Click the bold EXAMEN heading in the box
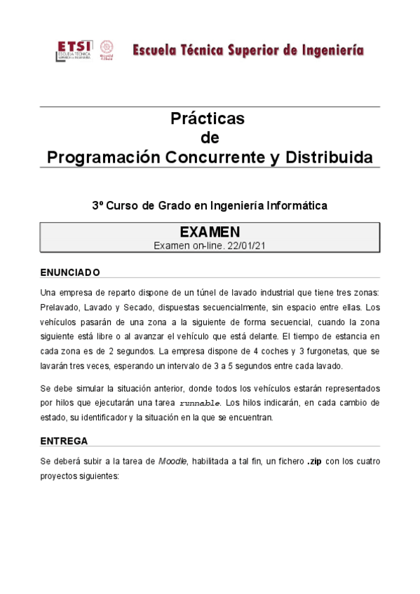point(210,232)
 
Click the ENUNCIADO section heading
point(70,272)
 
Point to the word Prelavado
point(64,307)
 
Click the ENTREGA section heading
point(64,441)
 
